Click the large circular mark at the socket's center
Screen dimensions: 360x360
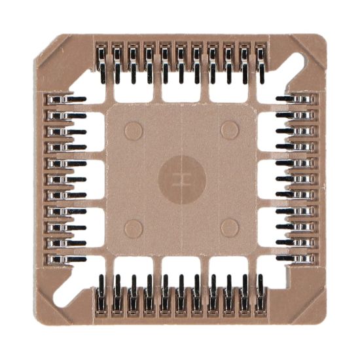tap(182, 179)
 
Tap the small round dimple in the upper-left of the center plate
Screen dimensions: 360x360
tap(134, 131)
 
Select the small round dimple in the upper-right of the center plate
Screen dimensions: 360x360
tap(230, 130)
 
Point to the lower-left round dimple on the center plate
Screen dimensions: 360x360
tap(134, 228)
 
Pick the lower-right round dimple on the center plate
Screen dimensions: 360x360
tap(230, 228)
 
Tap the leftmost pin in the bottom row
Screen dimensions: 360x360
tap(101, 295)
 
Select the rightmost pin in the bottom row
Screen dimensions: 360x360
tap(261, 295)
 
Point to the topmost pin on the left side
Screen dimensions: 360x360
tap(65, 99)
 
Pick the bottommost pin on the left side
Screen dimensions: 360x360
tap(65, 259)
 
